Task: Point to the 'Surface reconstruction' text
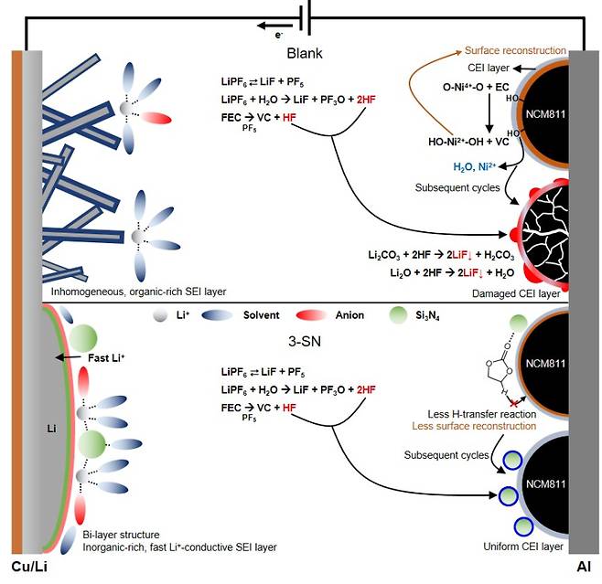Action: (x=516, y=50)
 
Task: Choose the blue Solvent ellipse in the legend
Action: (x=220, y=315)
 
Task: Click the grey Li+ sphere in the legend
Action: (x=161, y=315)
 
